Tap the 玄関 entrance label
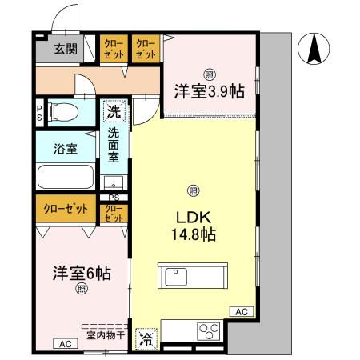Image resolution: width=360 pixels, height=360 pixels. click(x=66, y=49)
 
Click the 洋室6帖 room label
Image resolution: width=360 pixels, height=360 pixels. click(x=70, y=272)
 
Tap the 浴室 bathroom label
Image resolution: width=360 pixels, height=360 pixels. click(x=66, y=148)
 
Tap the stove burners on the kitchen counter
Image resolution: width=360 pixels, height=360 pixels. click(x=210, y=330)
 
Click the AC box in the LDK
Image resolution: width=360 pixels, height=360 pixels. click(x=242, y=311)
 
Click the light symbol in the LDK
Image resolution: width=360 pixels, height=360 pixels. click(x=193, y=190)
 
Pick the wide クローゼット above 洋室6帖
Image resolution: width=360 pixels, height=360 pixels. click(x=66, y=210)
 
